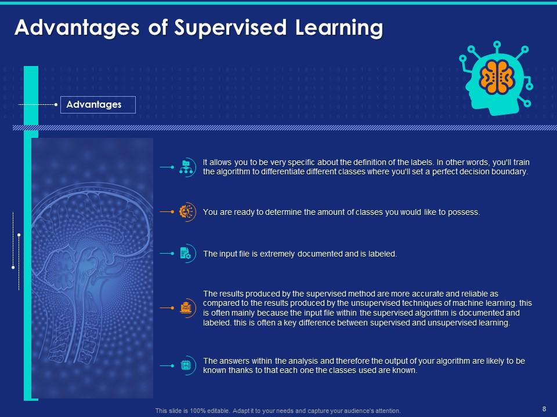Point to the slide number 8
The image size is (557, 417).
(x=544, y=408)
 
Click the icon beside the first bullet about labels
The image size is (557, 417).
(x=186, y=167)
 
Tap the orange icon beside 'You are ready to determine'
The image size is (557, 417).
(x=186, y=212)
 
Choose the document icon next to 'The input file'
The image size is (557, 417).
(x=186, y=253)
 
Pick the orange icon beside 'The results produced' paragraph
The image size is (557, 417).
(x=186, y=308)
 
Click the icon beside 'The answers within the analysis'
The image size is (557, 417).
(x=186, y=365)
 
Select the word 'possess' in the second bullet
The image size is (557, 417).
(x=464, y=212)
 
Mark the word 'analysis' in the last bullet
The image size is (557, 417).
(x=301, y=361)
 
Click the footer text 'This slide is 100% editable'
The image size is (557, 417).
(x=191, y=411)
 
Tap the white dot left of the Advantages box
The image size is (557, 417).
(x=56, y=105)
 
